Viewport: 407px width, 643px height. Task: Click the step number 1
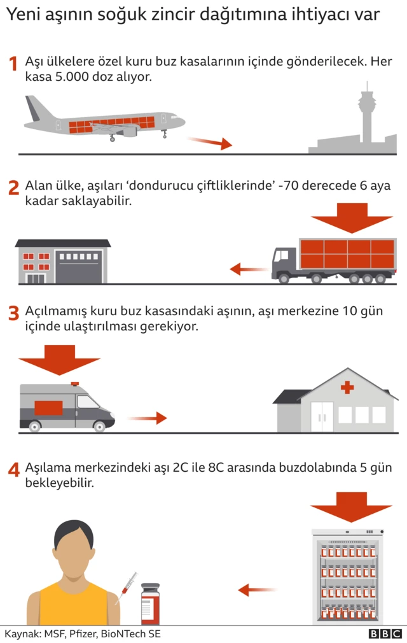tap(13, 64)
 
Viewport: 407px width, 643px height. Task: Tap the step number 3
tap(13, 313)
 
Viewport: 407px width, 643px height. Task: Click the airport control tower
tap(366, 115)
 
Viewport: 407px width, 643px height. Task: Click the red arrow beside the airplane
tap(209, 143)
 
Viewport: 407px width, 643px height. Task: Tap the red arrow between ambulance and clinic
tap(147, 418)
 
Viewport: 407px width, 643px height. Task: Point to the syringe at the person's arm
tap(127, 586)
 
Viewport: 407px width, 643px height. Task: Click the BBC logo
tap(385, 634)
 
